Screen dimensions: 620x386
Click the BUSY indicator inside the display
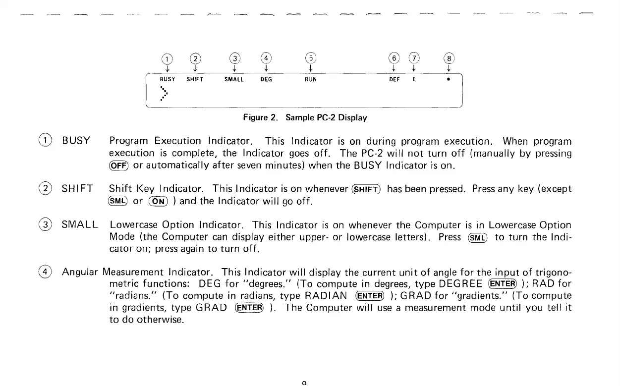pyautogui.click(x=168, y=79)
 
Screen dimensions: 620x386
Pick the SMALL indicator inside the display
pyautogui.click(x=234, y=79)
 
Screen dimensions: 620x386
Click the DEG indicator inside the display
pyautogui.click(x=266, y=79)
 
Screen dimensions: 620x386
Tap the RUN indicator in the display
pyautogui.click(x=311, y=79)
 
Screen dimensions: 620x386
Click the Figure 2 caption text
pyautogui.click(x=305, y=118)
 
